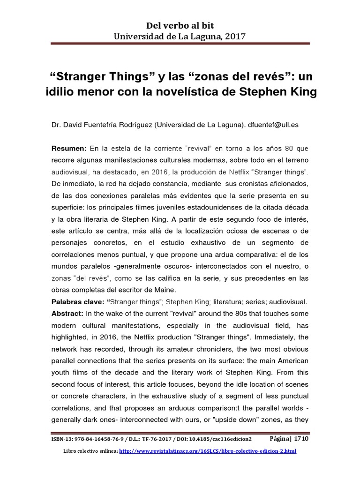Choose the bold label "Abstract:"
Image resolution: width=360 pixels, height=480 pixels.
pos(68,313)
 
